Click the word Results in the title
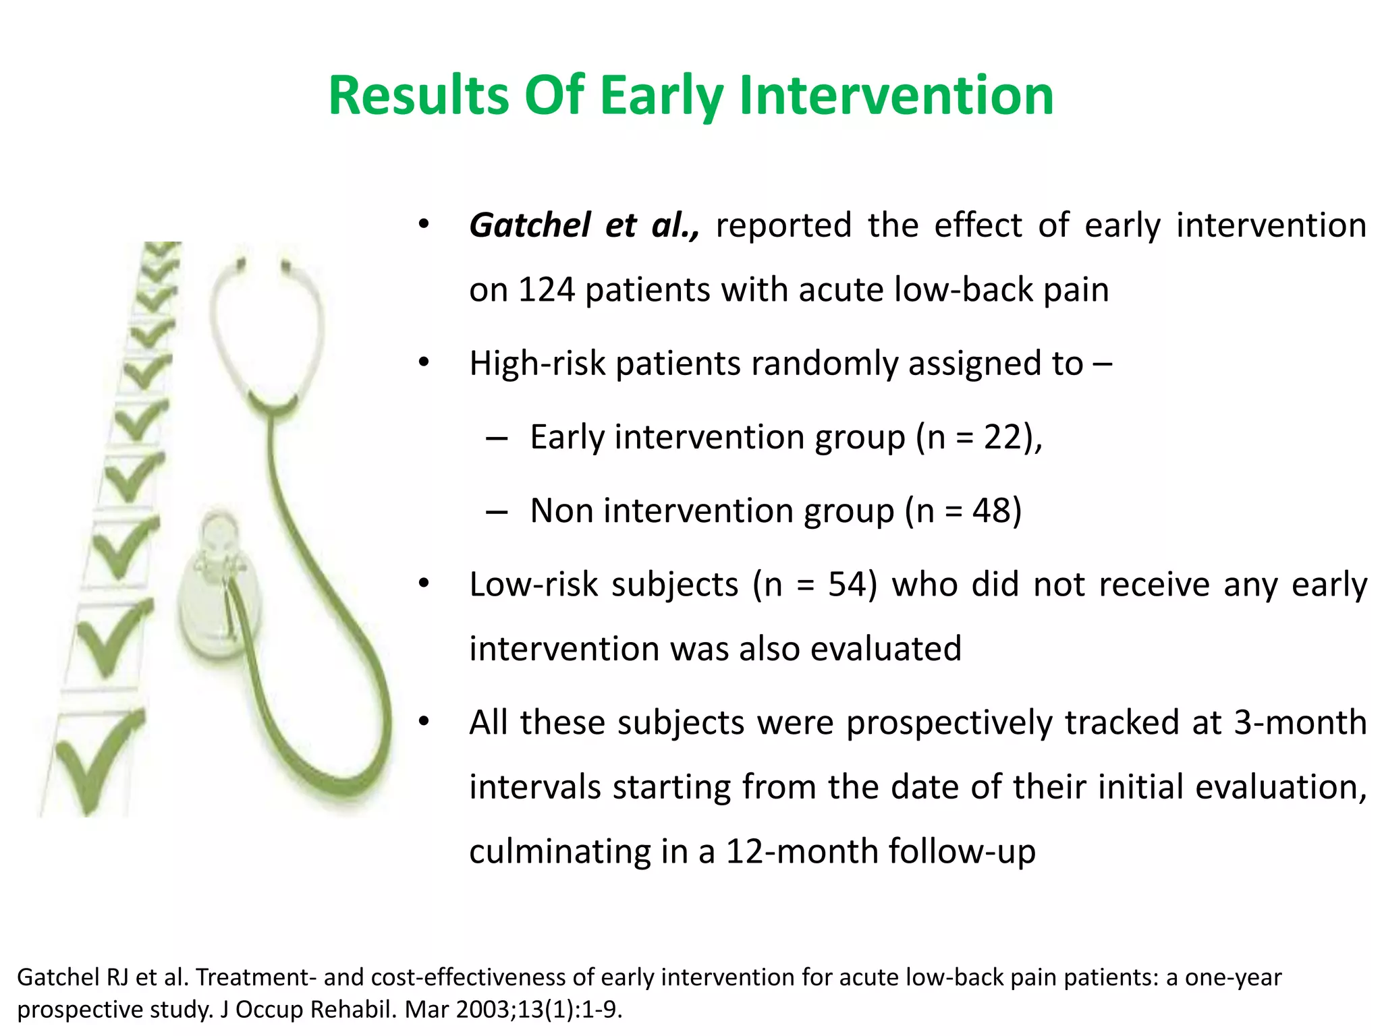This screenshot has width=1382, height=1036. point(418,96)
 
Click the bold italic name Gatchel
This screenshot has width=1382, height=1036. point(530,225)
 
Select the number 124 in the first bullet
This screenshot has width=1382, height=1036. point(546,290)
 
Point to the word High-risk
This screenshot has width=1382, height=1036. point(538,364)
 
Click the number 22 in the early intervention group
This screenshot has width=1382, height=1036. point(1003,437)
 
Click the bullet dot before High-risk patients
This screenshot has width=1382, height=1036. point(423,364)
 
